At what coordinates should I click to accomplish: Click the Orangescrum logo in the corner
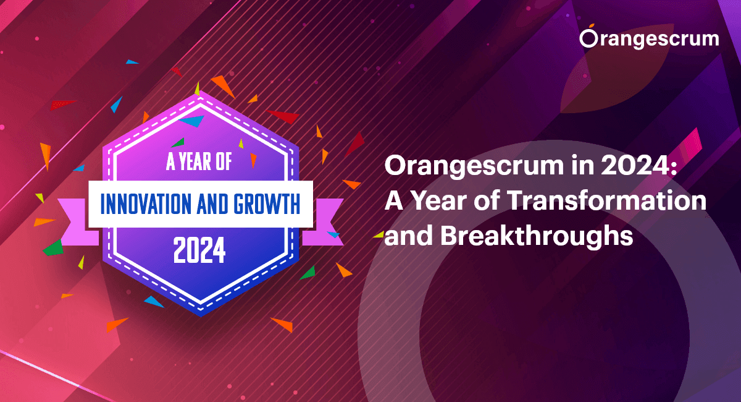click(x=649, y=37)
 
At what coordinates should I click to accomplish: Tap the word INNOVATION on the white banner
click(x=146, y=204)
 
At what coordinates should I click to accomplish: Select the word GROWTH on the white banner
click(x=267, y=204)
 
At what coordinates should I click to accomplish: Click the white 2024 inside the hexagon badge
click(x=199, y=250)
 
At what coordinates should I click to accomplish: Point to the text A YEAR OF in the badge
click(x=199, y=162)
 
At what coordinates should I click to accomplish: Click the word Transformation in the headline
click(x=606, y=200)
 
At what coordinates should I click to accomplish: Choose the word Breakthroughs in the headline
click(x=537, y=236)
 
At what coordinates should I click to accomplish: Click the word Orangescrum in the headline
click(x=474, y=166)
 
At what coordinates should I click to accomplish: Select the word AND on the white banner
click(x=212, y=204)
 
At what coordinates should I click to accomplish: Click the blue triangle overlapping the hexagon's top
click(x=193, y=121)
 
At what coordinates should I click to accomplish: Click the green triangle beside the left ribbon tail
click(x=53, y=249)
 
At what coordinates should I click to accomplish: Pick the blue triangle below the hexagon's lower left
click(x=154, y=302)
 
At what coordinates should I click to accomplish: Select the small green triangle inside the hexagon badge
click(x=178, y=143)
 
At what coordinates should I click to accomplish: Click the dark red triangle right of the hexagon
click(x=354, y=143)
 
